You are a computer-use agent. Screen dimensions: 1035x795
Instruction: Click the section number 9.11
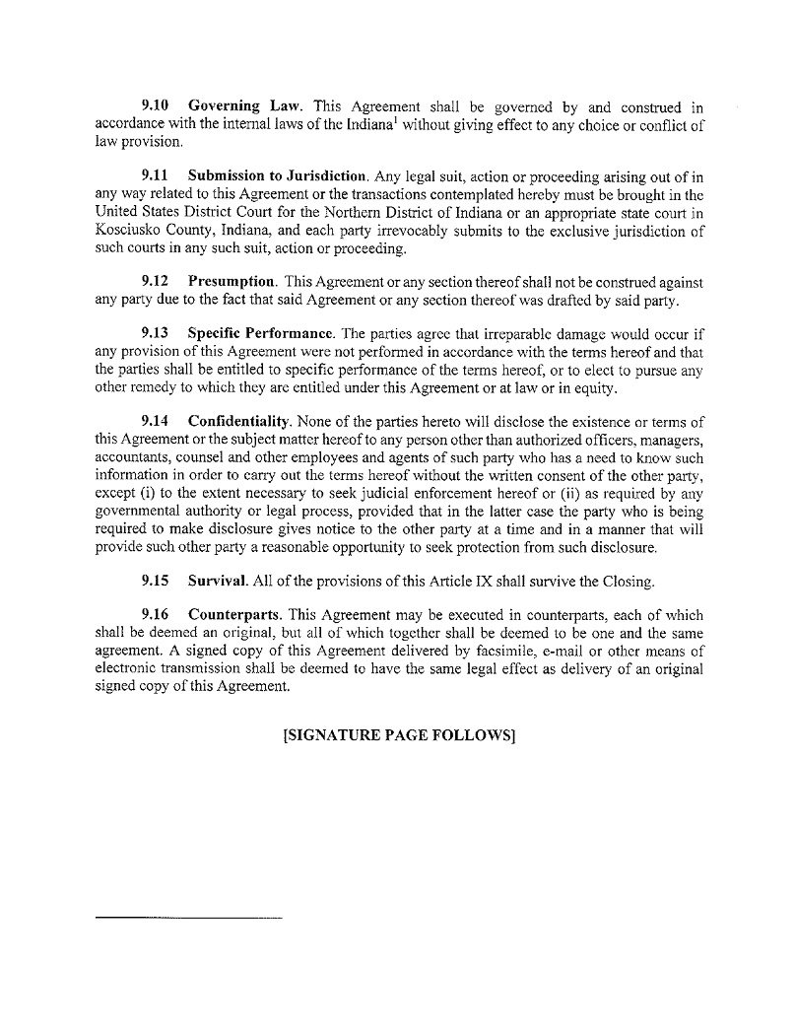155,176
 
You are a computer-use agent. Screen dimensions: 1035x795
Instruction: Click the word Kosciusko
127,231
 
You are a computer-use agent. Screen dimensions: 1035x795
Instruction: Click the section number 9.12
155,283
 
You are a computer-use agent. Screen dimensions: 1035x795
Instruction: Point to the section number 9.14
155,425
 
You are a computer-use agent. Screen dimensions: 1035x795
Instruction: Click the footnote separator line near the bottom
188,919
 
